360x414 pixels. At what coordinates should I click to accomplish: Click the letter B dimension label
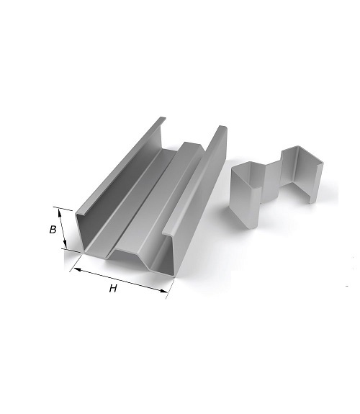pyautogui.click(x=53, y=230)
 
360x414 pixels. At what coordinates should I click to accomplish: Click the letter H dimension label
pyautogui.click(x=113, y=289)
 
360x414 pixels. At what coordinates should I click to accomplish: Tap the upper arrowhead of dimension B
pyautogui.click(x=60, y=212)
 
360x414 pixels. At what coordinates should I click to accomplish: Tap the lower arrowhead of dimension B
pyautogui.click(x=66, y=245)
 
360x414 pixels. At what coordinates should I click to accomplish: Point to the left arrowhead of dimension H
pyautogui.click(x=77, y=269)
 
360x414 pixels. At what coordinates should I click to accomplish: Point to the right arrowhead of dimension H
pyautogui.click(x=163, y=291)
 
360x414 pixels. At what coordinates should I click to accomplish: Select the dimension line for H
pyautogui.click(x=120, y=280)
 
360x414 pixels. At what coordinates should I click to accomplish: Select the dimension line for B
pyautogui.click(x=63, y=228)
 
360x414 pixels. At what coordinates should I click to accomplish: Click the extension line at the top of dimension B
pyautogui.click(x=63, y=209)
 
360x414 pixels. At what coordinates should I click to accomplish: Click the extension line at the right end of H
pyautogui.click(x=170, y=289)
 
